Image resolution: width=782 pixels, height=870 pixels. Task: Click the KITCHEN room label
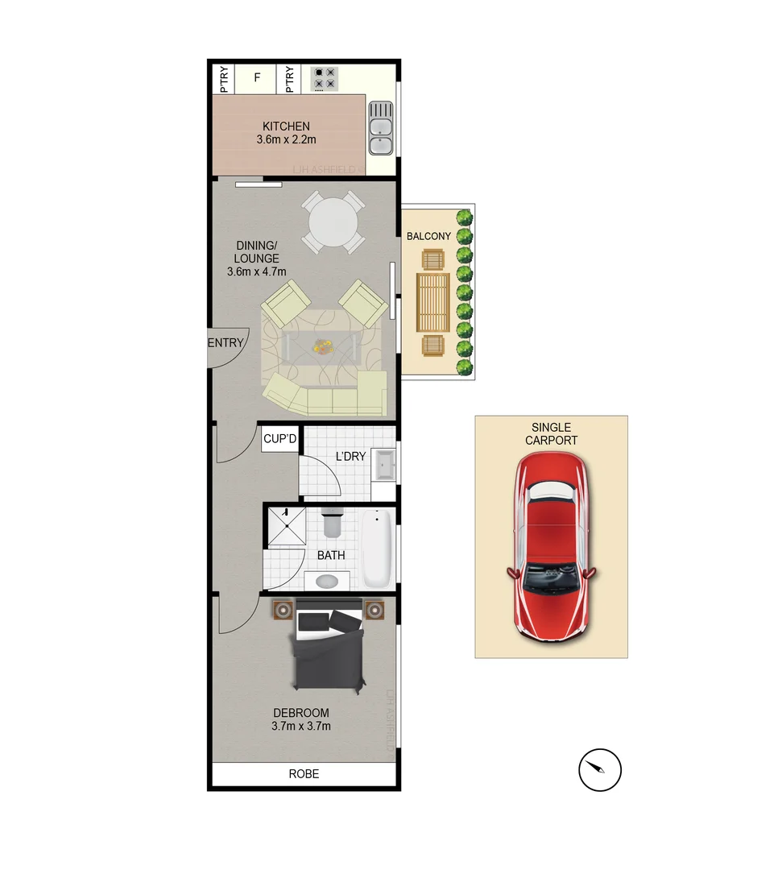pos(286,126)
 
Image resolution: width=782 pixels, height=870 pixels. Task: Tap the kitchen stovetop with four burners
pos(325,77)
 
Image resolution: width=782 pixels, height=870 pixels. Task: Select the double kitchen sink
pos(380,128)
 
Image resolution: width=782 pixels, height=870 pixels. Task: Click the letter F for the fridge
pos(258,78)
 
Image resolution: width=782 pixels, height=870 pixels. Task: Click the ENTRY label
pos(225,343)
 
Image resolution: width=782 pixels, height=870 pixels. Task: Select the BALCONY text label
pos(428,236)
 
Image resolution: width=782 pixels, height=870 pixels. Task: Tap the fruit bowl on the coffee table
pos(323,346)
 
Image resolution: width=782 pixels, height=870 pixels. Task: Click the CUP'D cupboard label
pos(280,439)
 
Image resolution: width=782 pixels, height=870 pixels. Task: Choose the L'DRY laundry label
pos(350,457)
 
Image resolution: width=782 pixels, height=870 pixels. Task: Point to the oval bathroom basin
pos(328,580)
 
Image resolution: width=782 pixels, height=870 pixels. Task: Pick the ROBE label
pos(304,774)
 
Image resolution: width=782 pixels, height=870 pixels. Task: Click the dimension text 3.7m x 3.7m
pos(301,726)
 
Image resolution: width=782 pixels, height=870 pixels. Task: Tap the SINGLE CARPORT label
pos(551,433)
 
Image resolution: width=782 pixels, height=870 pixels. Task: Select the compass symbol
pos(600,770)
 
